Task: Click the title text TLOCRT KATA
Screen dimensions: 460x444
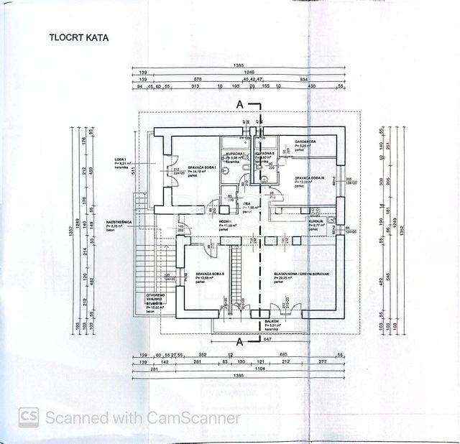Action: click(x=78, y=37)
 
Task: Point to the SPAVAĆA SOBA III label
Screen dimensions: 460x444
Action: click(x=310, y=177)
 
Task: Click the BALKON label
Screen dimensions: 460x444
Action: click(x=272, y=321)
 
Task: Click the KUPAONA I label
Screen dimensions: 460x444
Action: click(x=234, y=154)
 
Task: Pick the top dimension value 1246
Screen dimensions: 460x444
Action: click(x=249, y=73)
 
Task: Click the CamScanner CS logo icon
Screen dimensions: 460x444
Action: click(x=29, y=417)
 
